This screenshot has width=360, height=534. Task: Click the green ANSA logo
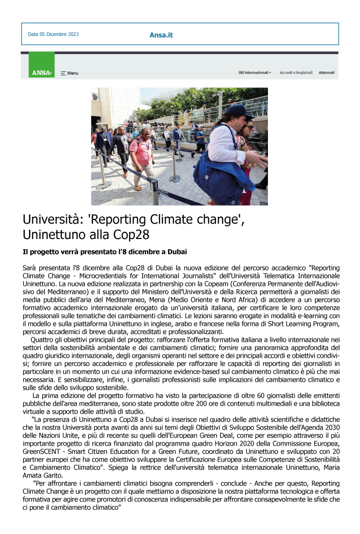(42, 72)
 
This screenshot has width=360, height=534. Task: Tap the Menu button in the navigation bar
(69, 73)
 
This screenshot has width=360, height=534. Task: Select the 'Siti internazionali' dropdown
(255, 72)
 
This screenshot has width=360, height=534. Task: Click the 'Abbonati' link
(327, 72)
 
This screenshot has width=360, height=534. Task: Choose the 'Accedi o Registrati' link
(296, 72)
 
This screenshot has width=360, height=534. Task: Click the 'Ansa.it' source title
(161, 35)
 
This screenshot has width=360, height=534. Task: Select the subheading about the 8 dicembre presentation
(104, 251)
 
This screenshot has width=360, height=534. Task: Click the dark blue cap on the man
(239, 110)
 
